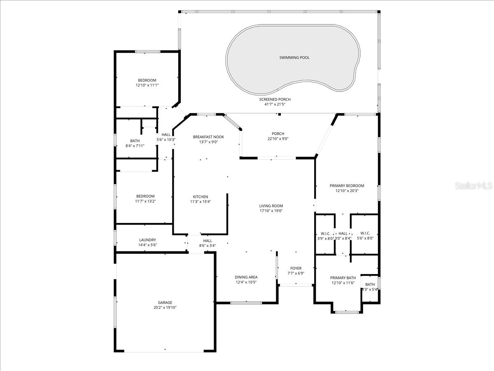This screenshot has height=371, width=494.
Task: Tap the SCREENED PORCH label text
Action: [x=275, y=99]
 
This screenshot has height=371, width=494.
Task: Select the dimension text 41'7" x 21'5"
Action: [x=275, y=104]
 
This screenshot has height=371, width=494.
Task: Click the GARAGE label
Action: [x=165, y=302]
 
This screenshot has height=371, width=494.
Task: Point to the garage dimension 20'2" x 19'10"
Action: [x=165, y=308]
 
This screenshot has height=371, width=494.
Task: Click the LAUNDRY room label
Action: [x=147, y=240]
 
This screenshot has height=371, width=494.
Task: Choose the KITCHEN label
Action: [x=200, y=197]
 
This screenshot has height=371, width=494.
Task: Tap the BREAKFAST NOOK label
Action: [x=208, y=137]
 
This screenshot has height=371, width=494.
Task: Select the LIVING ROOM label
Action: [x=271, y=206]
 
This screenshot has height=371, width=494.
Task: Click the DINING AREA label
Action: [x=246, y=277]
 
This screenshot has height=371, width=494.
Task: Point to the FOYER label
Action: [x=296, y=268]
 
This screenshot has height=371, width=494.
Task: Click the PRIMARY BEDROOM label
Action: [x=347, y=185]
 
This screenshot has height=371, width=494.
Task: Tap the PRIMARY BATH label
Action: [x=343, y=278]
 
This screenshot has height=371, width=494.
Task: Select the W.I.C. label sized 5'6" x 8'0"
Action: [x=365, y=233]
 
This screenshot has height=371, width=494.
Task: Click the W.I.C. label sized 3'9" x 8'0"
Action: [x=325, y=233]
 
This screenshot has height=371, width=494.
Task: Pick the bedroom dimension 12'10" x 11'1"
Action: [x=147, y=85]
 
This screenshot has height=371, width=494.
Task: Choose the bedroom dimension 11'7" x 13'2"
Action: [x=145, y=201]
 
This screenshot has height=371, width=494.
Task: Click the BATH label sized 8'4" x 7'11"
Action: [x=135, y=141]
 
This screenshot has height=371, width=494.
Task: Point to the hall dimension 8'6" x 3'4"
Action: [x=207, y=246]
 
